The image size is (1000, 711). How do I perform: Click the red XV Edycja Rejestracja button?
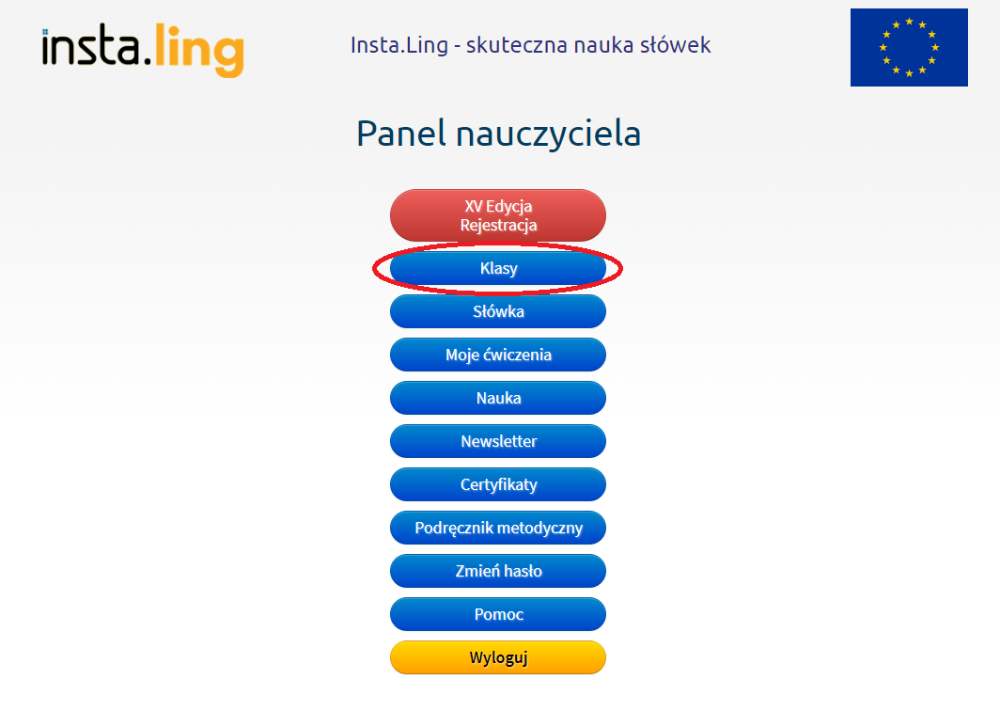pos(498,215)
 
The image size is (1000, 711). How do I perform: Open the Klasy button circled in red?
pos(498,269)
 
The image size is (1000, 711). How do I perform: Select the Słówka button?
pos(498,311)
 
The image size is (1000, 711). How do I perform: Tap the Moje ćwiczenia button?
pos(498,355)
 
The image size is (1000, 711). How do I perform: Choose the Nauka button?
pos(498,398)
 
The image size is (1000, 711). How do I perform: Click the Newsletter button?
pos(498,441)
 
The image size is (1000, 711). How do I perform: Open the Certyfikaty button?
pos(498,484)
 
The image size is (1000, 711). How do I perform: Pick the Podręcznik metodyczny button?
pos(498,528)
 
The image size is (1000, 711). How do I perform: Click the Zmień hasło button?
pos(498,571)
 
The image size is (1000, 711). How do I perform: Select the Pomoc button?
pos(498,614)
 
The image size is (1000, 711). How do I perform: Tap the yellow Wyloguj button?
pos(498,657)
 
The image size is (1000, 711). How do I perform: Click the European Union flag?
pos(909,47)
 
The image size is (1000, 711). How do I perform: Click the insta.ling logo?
pos(143,50)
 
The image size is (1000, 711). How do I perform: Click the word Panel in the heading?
pos(401,134)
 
